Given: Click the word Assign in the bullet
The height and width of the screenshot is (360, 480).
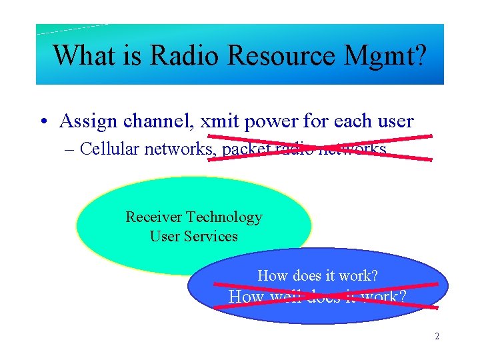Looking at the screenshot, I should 85,122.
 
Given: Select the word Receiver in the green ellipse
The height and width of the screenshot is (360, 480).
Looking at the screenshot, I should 154,217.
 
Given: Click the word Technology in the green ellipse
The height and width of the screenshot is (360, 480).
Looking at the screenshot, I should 224,218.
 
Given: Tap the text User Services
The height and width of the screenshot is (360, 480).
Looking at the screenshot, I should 193,236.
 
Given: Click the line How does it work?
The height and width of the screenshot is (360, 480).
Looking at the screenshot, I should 317,275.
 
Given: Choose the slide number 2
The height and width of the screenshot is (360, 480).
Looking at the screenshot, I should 437,337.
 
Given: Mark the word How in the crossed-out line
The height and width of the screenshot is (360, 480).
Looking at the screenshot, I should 245,297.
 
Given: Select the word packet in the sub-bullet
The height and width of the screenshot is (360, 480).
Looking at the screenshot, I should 246,149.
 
